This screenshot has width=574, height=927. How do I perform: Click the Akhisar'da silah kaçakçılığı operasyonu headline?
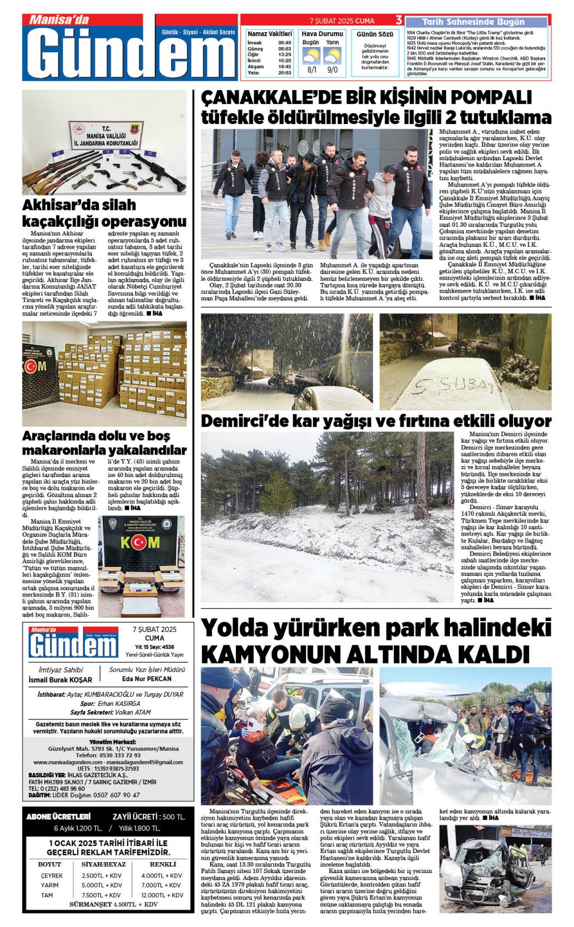(104, 213)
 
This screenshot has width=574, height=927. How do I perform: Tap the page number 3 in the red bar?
(399, 21)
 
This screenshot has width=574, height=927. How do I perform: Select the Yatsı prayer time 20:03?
(285, 73)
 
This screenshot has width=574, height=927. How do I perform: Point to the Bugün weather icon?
(311, 56)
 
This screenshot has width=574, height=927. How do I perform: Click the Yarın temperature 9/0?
(332, 70)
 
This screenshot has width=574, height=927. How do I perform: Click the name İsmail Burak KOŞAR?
(60, 680)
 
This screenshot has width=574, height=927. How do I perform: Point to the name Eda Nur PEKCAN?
(147, 678)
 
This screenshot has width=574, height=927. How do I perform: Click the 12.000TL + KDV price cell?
(162, 895)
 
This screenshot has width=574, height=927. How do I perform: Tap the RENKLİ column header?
(163, 864)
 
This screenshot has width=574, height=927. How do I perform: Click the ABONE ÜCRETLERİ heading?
(59, 816)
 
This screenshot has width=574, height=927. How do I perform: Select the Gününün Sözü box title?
(375, 34)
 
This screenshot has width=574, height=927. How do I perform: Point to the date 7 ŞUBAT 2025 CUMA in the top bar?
(342, 21)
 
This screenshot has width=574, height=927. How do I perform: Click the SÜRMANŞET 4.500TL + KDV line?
(113, 905)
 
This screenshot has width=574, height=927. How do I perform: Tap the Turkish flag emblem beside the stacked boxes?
(30, 366)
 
